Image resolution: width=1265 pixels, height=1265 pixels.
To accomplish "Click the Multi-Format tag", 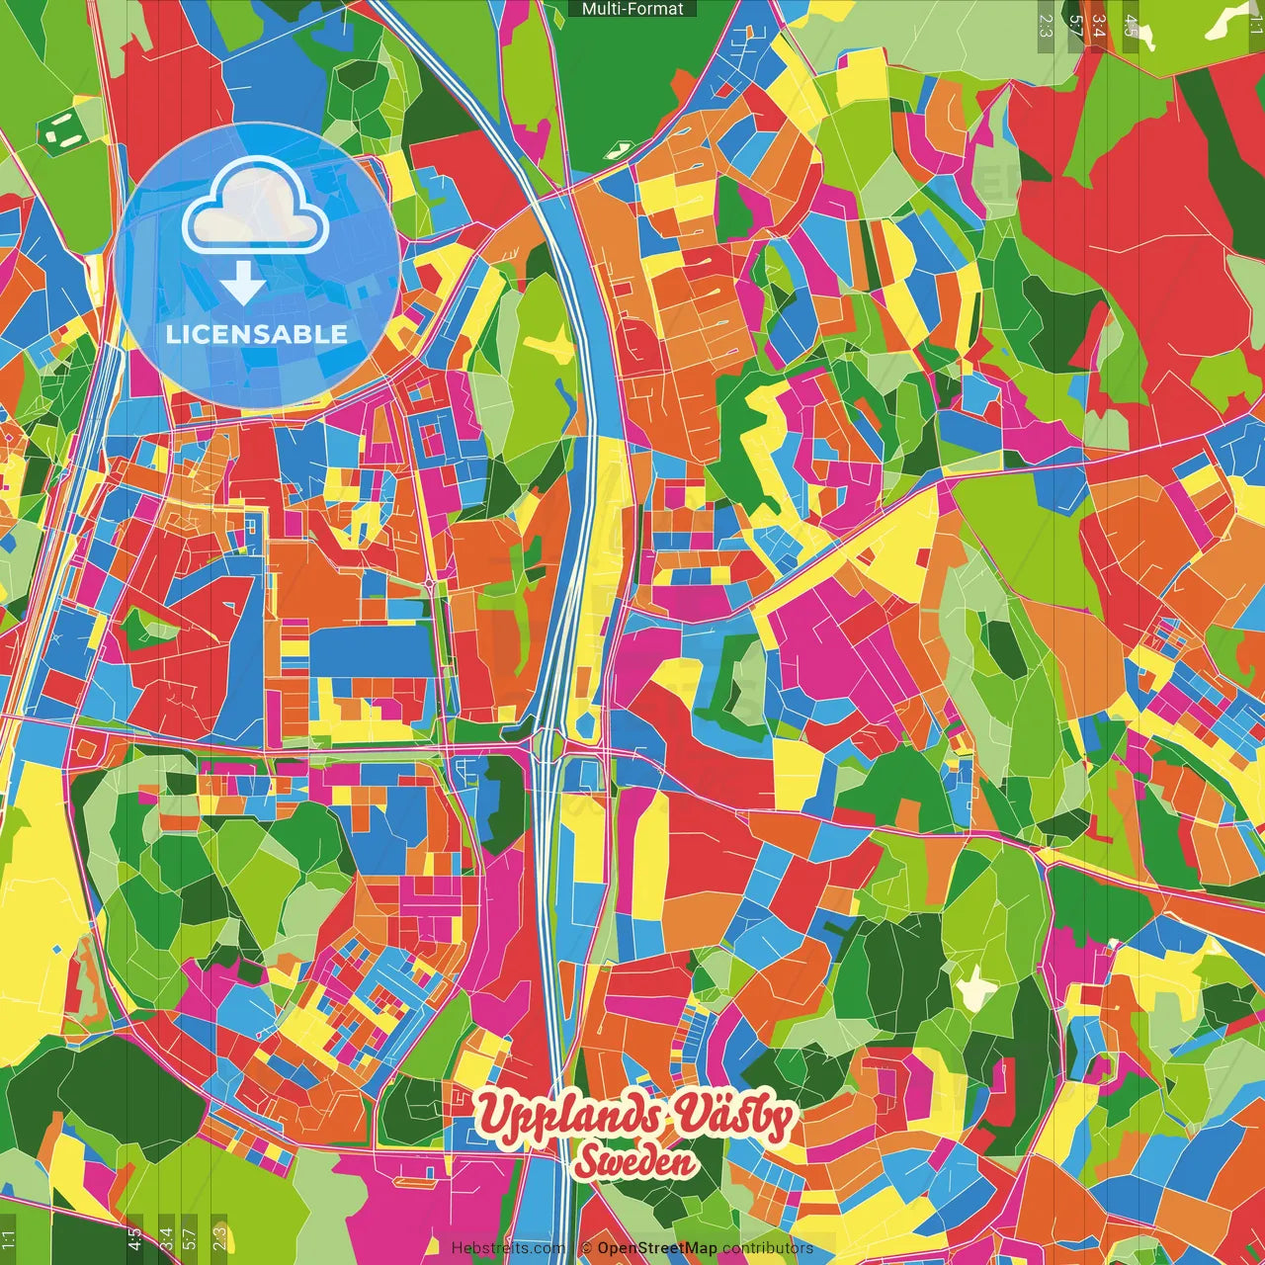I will [632, 9].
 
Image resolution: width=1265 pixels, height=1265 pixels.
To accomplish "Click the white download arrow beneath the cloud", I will [242, 284].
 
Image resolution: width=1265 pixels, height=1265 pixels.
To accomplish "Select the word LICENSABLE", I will [257, 334].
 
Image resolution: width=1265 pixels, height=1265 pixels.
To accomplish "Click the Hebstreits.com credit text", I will [508, 1248].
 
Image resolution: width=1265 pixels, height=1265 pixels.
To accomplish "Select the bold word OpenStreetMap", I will [657, 1248].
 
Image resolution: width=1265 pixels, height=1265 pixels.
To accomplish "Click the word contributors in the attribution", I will [767, 1248].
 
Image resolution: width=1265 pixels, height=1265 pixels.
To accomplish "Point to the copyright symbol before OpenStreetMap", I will [586, 1248].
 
